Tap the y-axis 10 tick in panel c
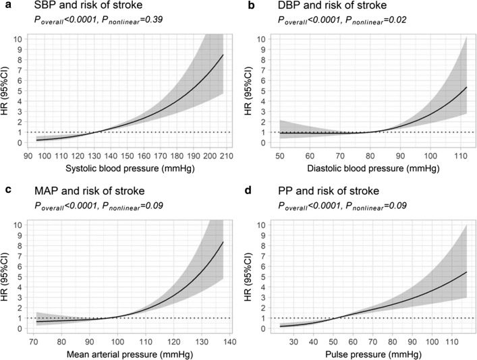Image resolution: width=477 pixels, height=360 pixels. pyautogui.click(x=22, y=224)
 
